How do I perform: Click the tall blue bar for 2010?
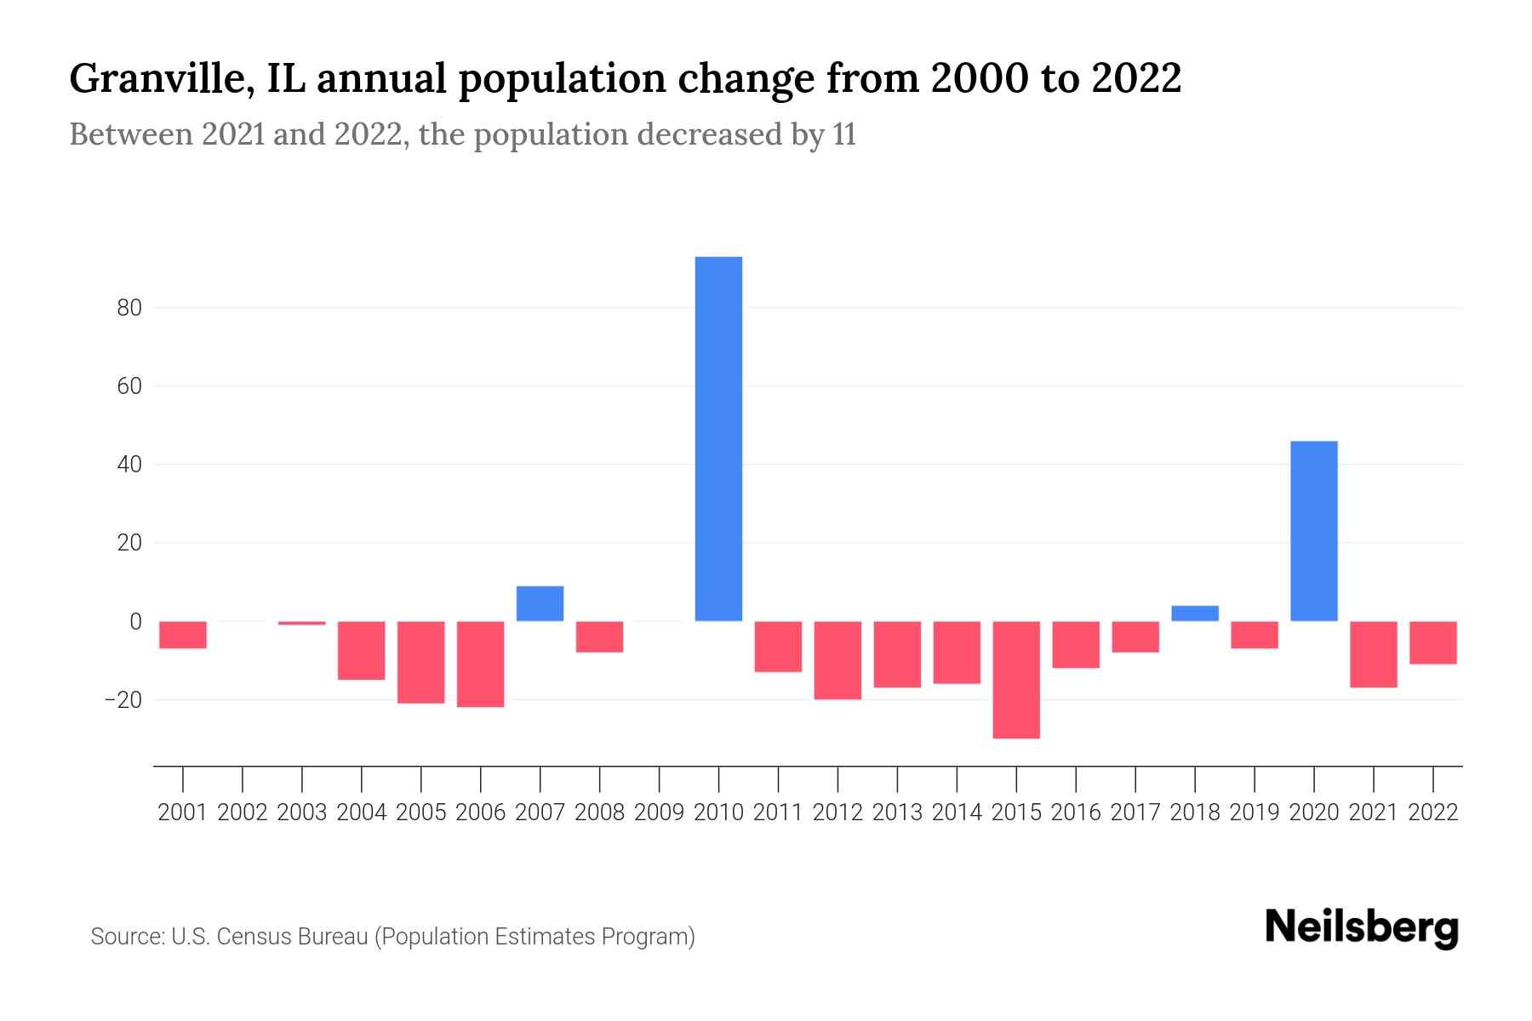(718, 438)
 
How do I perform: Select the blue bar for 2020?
(1313, 531)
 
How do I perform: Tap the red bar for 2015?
(1016, 680)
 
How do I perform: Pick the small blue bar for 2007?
(540, 603)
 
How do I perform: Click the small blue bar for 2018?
(1195, 613)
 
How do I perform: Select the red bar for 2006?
(480, 664)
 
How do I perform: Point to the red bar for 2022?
(1432, 642)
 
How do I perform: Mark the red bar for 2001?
(183, 635)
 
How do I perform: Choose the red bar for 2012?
(837, 660)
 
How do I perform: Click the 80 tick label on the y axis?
(129, 308)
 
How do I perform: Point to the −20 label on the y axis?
(123, 700)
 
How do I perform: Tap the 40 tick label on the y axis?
(129, 465)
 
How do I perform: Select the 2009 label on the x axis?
(659, 813)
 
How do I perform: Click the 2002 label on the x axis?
(243, 813)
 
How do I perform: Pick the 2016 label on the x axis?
(1076, 813)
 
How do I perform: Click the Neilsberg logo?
(1362, 928)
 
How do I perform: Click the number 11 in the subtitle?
(843, 134)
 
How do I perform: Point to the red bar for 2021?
(1373, 654)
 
